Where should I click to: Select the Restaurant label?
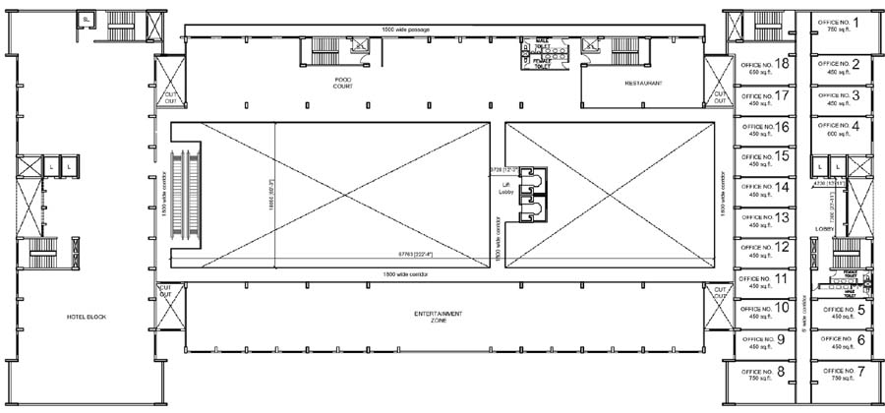(643, 84)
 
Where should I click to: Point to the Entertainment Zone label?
(439, 316)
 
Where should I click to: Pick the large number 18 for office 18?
(783, 64)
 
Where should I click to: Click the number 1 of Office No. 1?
(855, 22)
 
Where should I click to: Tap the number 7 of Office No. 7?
(860, 371)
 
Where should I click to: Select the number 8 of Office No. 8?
(780, 371)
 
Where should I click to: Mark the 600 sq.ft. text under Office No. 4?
(838, 134)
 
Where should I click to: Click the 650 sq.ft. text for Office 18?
(759, 73)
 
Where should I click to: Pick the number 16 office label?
(783, 126)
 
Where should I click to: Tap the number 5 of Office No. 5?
(861, 310)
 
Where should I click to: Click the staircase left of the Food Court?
(324, 49)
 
